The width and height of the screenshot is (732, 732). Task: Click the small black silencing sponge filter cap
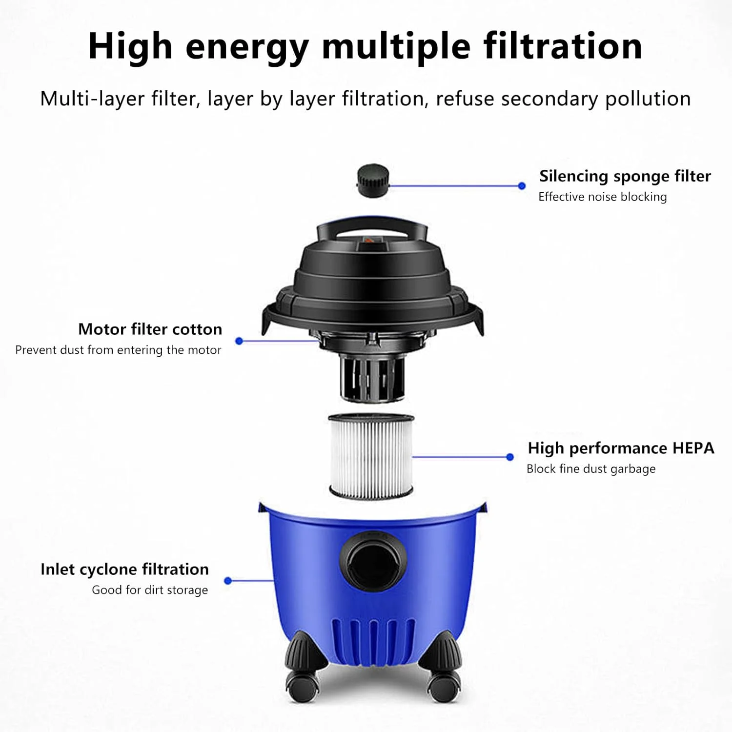click(x=373, y=181)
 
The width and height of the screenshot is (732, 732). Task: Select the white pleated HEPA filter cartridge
click(x=371, y=456)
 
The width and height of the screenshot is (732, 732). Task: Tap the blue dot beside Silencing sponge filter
click(x=522, y=186)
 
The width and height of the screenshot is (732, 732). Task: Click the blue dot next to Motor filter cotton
click(x=239, y=341)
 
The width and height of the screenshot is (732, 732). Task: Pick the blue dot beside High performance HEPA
click(x=510, y=457)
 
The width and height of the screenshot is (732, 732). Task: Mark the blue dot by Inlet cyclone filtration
click(x=228, y=581)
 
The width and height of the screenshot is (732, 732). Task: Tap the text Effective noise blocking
click(x=603, y=197)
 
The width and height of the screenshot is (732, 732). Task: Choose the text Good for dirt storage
click(x=150, y=590)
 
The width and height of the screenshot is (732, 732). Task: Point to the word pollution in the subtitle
click(x=648, y=100)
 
